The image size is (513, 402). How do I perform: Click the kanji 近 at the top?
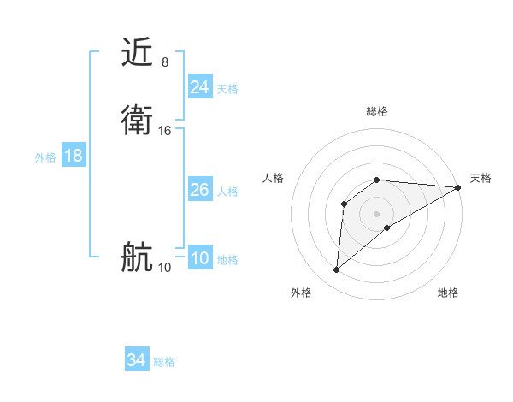pos(138,53)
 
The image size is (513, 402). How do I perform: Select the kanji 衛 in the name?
pos(138,120)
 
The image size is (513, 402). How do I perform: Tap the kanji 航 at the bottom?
pos(138,257)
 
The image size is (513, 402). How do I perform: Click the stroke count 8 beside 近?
pos(164,62)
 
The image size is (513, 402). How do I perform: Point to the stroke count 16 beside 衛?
pos(165,130)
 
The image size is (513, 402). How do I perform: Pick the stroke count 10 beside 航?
pos(165,268)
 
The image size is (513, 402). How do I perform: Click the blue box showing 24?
pos(199,87)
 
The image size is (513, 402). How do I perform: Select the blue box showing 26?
pos(199,190)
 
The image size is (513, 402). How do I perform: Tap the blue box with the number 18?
pos(73,156)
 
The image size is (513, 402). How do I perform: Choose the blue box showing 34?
pos(136,360)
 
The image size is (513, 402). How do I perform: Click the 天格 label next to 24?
pos(227,89)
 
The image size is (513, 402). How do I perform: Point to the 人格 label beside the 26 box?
pos(227,192)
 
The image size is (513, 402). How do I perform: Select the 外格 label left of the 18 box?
pos(45,157)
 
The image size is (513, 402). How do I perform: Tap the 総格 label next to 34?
pos(164,362)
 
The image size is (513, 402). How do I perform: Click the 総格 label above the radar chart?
pos(377,111)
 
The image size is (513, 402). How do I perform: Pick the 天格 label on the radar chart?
pos(481,178)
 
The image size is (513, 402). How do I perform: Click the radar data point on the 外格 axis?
pos(336,270)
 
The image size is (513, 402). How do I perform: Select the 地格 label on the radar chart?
pos(448,293)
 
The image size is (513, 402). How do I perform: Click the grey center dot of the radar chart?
pos(377,213)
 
